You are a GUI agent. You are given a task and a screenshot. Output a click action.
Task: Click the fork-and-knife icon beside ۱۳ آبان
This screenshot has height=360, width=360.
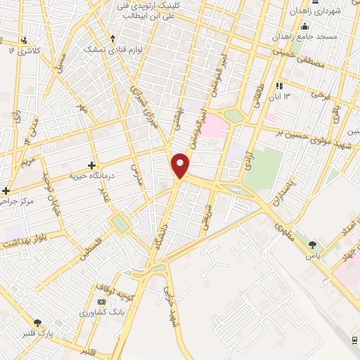pyautogui.click(x=280, y=86)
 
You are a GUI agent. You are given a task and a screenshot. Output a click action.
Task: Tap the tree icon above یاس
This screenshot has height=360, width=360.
pyautogui.click(x=313, y=245)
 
